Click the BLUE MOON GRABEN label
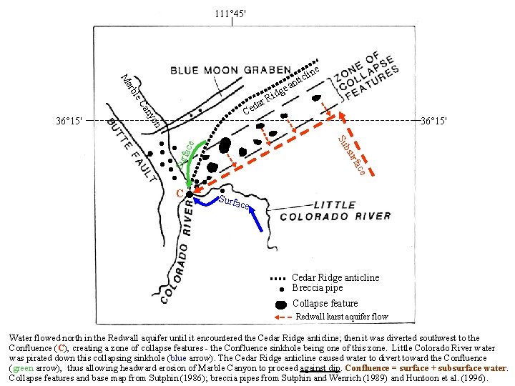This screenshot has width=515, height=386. tap(230, 71)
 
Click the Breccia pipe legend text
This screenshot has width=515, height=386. tap(317, 288)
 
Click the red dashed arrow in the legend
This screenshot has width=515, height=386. tap(282, 317)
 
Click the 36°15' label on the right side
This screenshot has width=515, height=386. tap(433, 121)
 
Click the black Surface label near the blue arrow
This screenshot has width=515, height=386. tap(234, 203)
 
